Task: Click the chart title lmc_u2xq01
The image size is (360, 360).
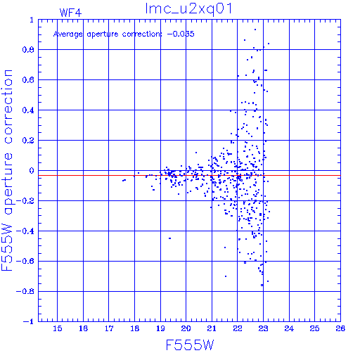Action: pos(188,9)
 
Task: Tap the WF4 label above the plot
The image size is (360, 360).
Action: pos(70,13)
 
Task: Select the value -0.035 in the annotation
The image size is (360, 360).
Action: pos(181,34)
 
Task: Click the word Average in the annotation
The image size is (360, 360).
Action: pos(68,34)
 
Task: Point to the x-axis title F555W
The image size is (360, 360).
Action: pos(190,345)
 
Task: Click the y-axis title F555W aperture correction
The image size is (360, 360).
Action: pos(7,170)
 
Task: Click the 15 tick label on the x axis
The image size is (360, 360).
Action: pos(58,328)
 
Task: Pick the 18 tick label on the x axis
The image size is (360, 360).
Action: pos(135,328)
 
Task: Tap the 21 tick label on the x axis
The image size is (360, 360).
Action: pos(212,328)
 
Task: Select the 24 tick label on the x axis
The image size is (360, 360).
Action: pos(289,328)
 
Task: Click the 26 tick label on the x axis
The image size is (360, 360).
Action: pos(340,328)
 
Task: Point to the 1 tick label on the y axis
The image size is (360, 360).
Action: pos(32,20)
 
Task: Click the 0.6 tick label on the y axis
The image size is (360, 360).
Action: pos(28,80)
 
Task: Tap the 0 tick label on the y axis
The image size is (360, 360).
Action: pos(32,170)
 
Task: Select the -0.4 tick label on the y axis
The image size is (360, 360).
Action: pos(25,231)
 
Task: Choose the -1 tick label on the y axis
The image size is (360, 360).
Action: pos(29,321)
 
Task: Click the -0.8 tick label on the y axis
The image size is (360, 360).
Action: pos(25,291)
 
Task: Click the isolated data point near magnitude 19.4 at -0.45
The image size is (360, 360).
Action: pos(169,238)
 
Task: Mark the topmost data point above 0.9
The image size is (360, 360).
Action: pos(255,30)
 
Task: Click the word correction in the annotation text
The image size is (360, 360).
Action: pos(142,34)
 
